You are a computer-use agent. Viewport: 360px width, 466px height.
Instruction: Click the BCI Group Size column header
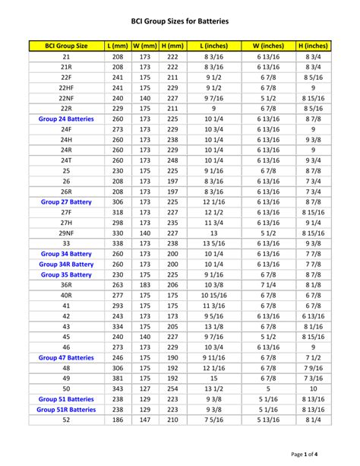(x=67, y=46)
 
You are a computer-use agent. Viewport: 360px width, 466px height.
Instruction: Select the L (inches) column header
(x=214, y=46)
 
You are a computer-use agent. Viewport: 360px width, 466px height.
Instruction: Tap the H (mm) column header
(x=172, y=46)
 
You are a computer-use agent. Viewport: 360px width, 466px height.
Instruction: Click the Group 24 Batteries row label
(x=67, y=119)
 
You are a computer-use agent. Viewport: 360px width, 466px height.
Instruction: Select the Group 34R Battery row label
(x=67, y=264)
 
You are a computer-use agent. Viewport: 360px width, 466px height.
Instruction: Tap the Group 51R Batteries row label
(x=67, y=409)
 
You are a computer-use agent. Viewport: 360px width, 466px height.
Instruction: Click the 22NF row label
(x=67, y=98)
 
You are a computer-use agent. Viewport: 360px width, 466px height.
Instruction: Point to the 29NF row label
(x=67, y=233)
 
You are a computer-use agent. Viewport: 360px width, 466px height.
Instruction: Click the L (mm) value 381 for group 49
(x=118, y=378)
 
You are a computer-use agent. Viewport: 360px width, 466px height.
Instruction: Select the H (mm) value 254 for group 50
(x=172, y=388)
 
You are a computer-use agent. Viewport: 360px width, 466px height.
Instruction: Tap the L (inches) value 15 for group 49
(x=214, y=378)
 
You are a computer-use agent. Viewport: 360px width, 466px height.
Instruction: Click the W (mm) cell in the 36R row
(x=144, y=284)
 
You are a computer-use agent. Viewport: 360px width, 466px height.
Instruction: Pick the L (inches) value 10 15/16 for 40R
(x=214, y=295)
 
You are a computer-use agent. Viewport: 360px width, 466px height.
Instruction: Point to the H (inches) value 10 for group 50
(x=314, y=388)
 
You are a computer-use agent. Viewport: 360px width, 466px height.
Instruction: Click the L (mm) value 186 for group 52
(x=118, y=420)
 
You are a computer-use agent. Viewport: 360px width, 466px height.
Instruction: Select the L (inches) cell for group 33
(x=214, y=243)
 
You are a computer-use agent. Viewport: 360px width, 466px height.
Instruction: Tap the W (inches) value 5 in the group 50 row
(x=268, y=388)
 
